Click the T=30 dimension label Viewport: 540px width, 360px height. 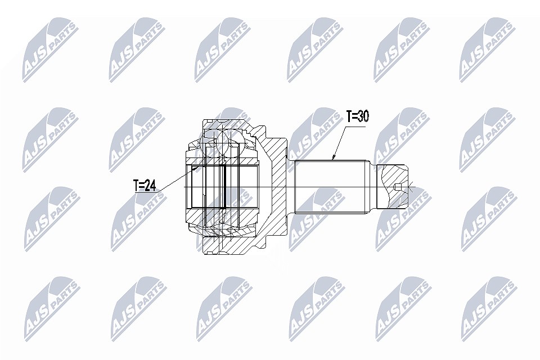tap(358, 116)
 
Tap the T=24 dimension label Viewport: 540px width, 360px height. tap(145, 186)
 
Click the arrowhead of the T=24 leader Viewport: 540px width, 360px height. tap(196, 168)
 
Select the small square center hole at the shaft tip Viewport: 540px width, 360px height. tap(398, 187)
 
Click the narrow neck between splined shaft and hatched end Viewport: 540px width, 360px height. tap(373, 187)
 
